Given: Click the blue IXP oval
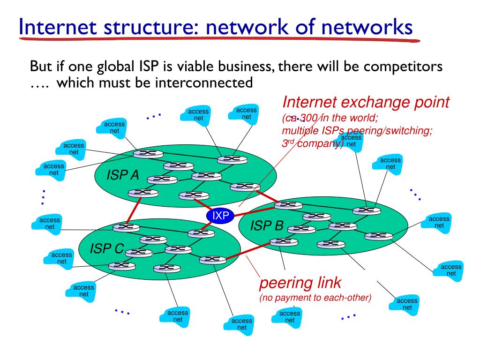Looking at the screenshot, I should pyautogui.click(x=220, y=216).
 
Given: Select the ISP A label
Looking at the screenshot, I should pyautogui.click(x=123, y=176).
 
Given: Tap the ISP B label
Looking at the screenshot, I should pyautogui.click(x=267, y=226).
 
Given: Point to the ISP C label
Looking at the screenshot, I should pyautogui.click(x=106, y=249).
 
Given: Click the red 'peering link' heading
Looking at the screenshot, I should pyautogui.click(x=300, y=283).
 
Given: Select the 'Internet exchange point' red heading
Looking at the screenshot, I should pyautogui.click(x=366, y=102).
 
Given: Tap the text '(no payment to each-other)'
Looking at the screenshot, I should pyautogui.click(x=315, y=298).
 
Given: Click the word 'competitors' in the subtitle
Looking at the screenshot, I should pyautogui.click(x=403, y=66).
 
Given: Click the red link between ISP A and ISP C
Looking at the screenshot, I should pyautogui.click(x=133, y=210).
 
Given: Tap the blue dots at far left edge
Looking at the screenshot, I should pyautogui.click(x=43, y=197).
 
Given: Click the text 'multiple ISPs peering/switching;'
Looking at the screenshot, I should pyautogui.click(x=357, y=131).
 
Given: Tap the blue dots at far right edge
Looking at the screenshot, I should pyautogui.click(x=415, y=195).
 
